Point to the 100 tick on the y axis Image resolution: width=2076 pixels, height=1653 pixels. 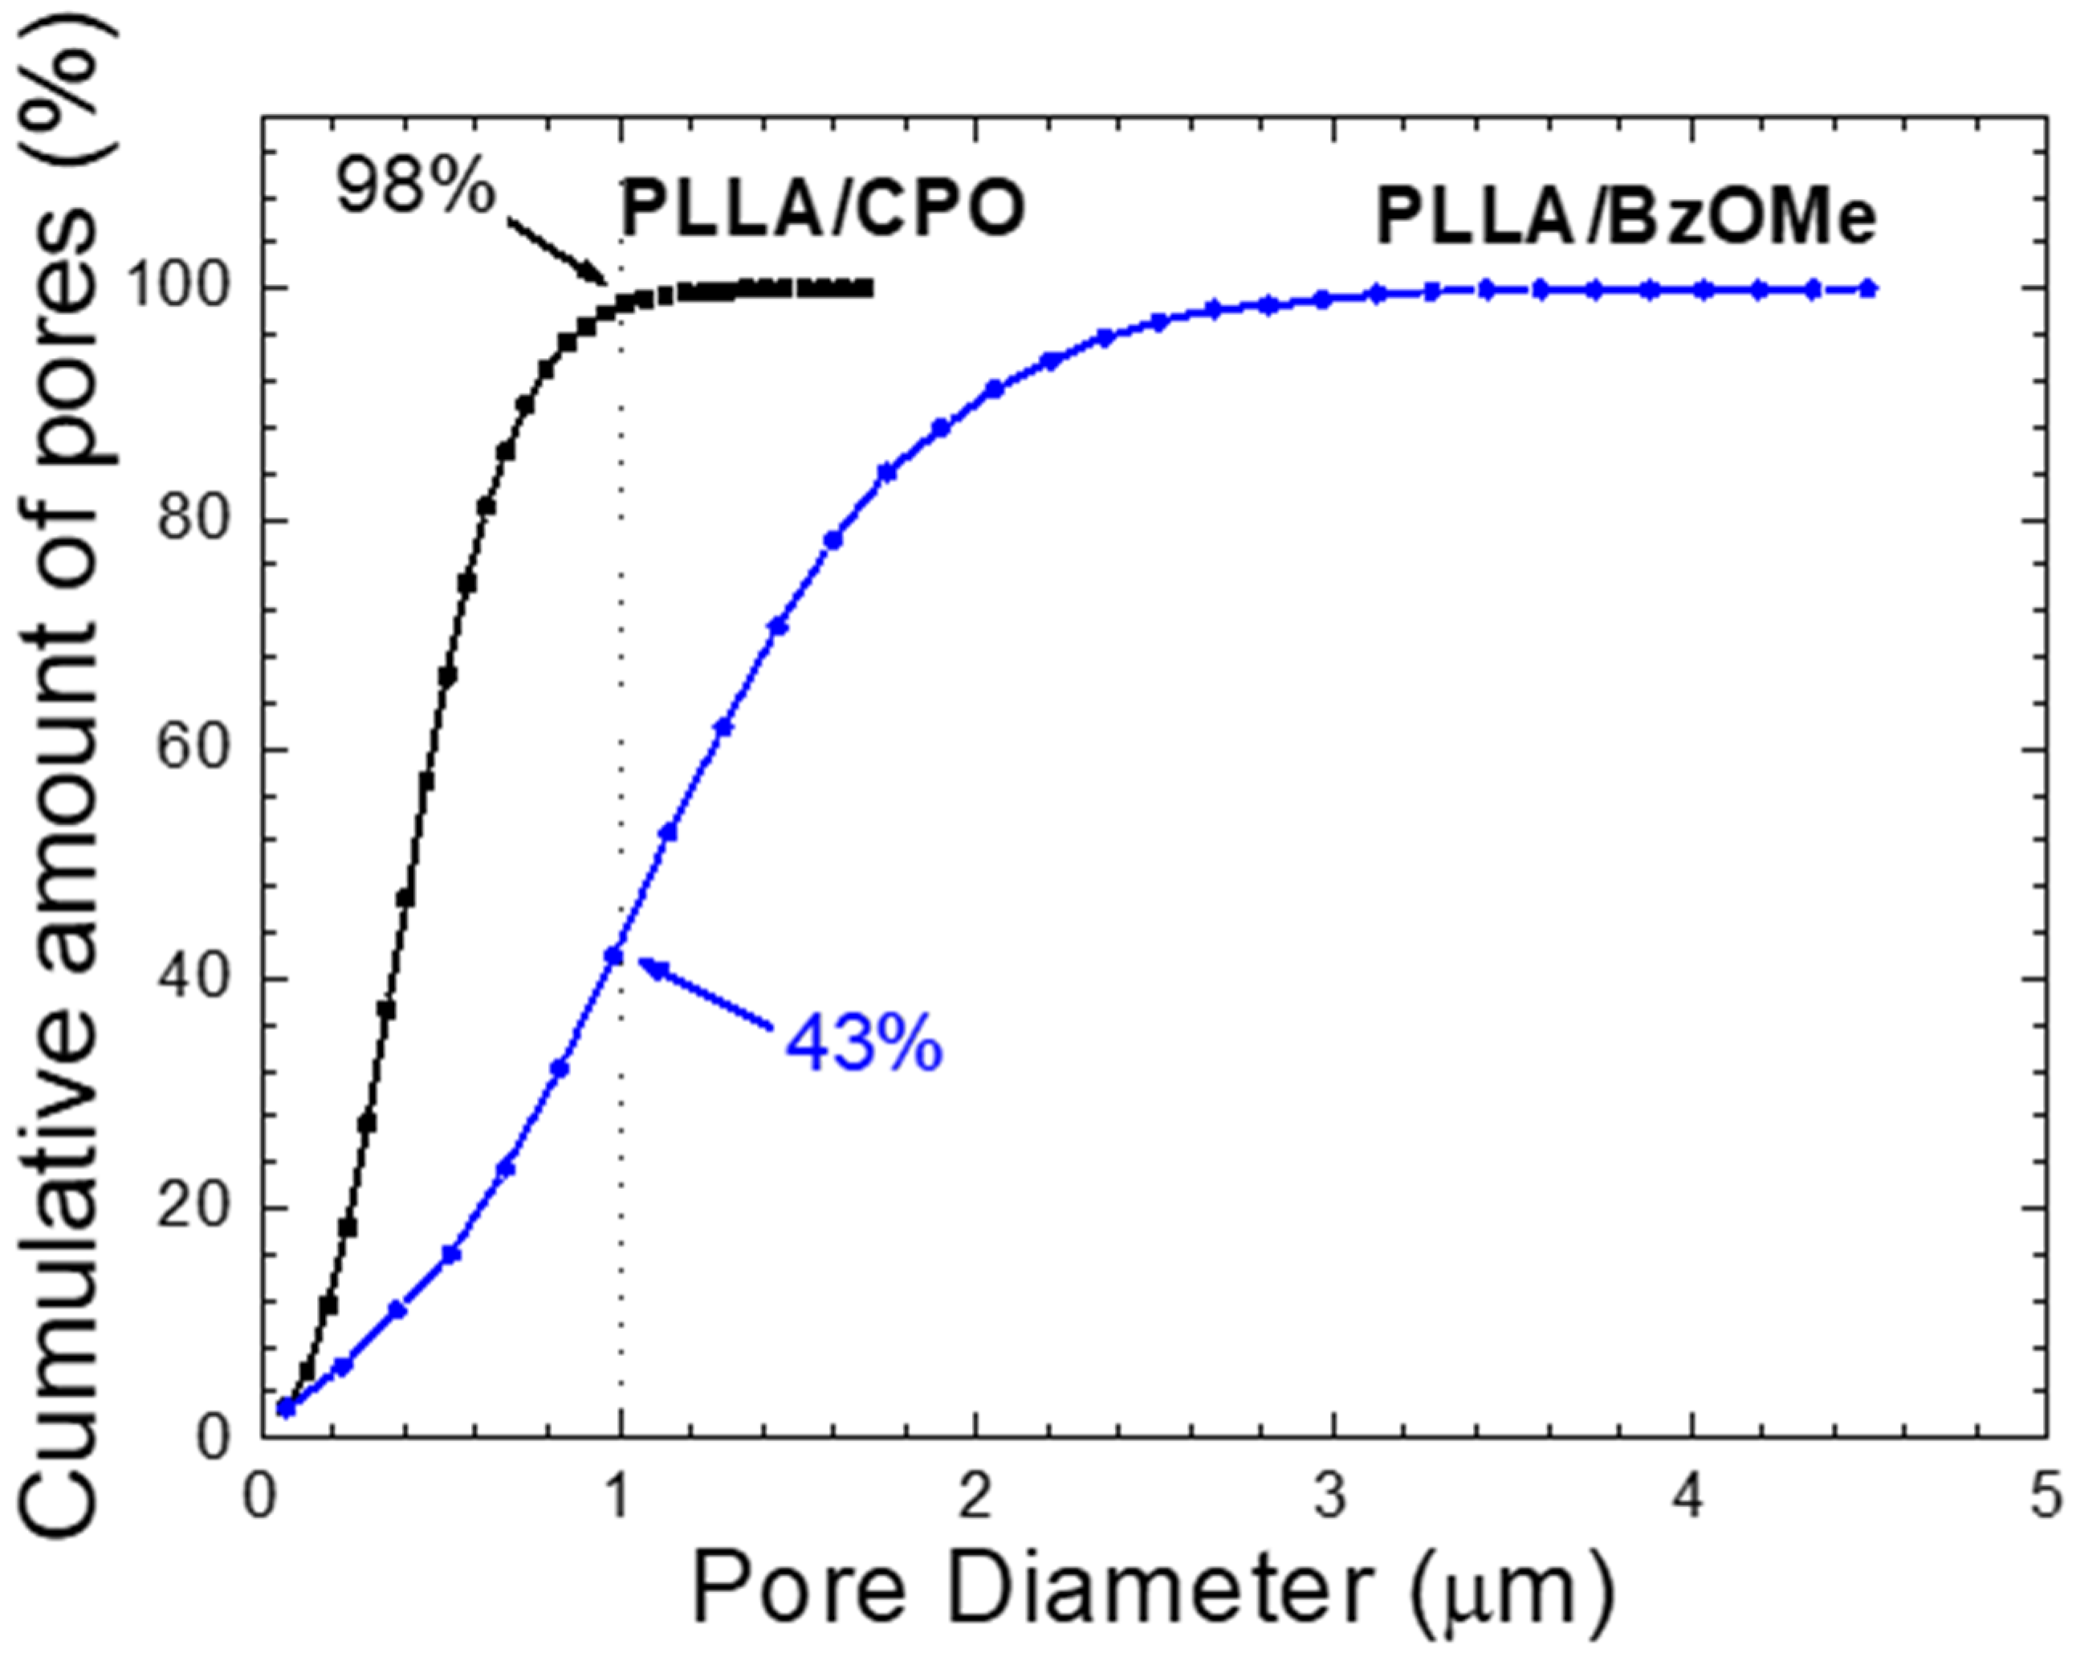click(x=184, y=288)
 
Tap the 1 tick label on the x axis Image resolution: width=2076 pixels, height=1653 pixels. click(x=618, y=1499)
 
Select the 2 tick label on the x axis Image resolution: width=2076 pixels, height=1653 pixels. click(x=975, y=1499)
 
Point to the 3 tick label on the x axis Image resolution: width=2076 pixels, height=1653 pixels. click(x=1332, y=1499)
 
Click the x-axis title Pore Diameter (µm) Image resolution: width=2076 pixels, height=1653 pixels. click(x=1150, y=1589)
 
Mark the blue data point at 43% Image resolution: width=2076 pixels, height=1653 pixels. click(x=613, y=956)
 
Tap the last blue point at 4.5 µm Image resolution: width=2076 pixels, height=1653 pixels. click(x=1867, y=288)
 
